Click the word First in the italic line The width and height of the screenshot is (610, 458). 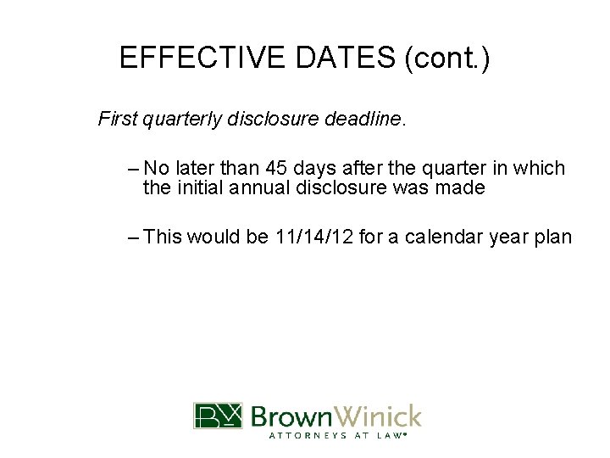118,119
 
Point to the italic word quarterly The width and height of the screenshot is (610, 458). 182,119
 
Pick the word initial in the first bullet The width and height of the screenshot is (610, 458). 199,187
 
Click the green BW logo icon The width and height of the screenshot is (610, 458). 218,416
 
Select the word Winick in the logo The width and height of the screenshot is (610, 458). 379,416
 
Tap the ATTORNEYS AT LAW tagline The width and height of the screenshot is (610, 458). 337,436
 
